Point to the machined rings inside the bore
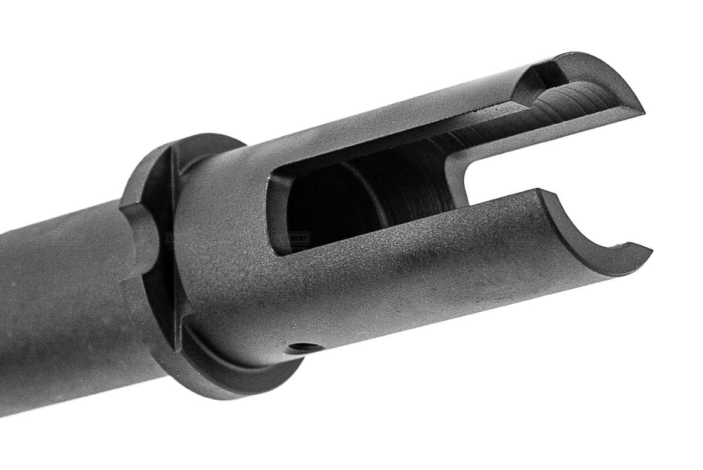pyautogui.click(x=418, y=182)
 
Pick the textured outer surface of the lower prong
pyautogui.click(x=485, y=267)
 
